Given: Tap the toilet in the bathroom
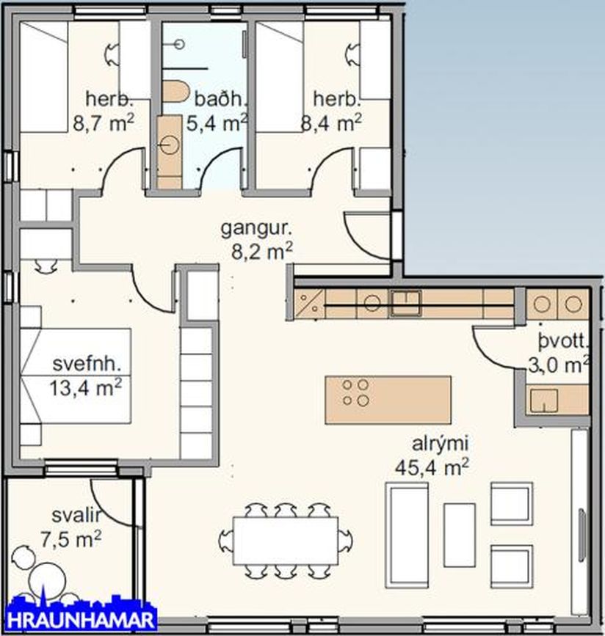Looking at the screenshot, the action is pyautogui.click(x=176, y=92).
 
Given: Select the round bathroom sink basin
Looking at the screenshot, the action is pyautogui.click(x=170, y=145).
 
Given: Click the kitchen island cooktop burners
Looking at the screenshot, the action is pyautogui.click(x=355, y=392).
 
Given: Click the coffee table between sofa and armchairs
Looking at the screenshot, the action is pyautogui.click(x=459, y=535).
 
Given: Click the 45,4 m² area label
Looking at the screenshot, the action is pyautogui.click(x=432, y=467).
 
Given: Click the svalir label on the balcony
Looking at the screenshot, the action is pyautogui.click(x=76, y=516).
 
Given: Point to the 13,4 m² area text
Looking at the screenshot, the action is pyautogui.click(x=86, y=388).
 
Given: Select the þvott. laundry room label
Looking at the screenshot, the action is pyautogui.click(x=563, y=343).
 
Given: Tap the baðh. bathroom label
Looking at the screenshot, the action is pyautogui.click(x=220, y=100).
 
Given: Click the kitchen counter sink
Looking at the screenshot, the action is pyautogui.click(x=405, y=303).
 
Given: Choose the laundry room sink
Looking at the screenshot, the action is pyautogui.click(x=543, y=401).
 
